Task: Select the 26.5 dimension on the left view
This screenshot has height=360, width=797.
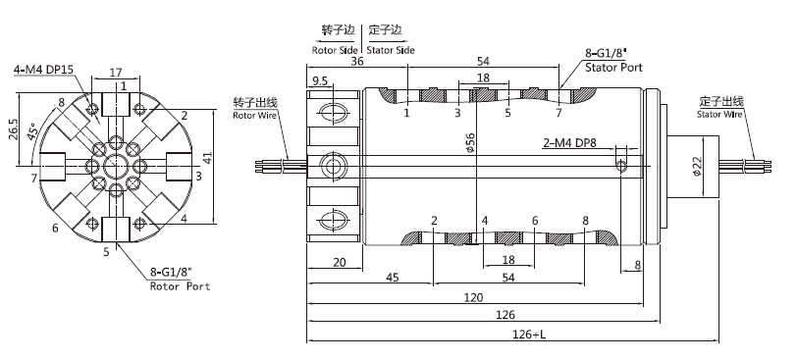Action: (x=13, y=129)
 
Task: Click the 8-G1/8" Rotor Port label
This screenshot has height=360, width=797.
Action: (x=180, y=281)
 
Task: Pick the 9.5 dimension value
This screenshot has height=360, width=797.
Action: (x=319, y=80)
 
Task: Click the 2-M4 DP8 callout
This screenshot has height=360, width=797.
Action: (x=572, y=142)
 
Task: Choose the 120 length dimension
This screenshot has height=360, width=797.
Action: (x=474, y=296)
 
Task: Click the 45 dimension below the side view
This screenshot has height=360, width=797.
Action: (x=391, y=278)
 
